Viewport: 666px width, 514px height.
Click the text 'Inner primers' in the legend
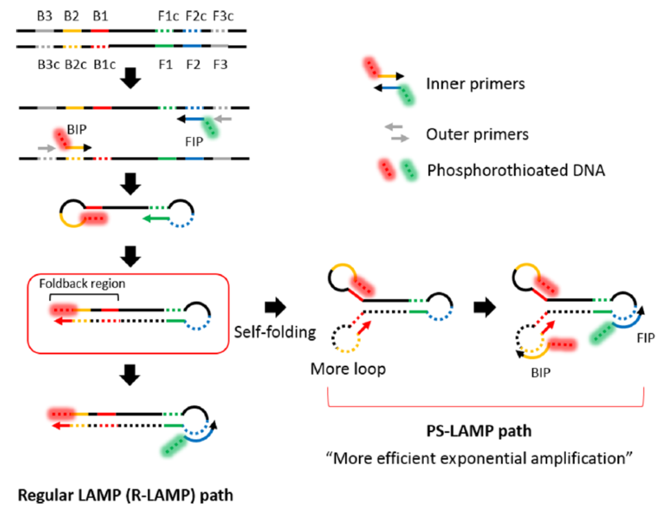(x=475, y=84)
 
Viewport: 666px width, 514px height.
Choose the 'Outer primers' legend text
(x=477, y=135)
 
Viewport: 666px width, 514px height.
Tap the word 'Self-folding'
(x=274, y=333)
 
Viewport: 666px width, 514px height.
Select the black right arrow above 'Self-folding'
(x=274, y=304)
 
